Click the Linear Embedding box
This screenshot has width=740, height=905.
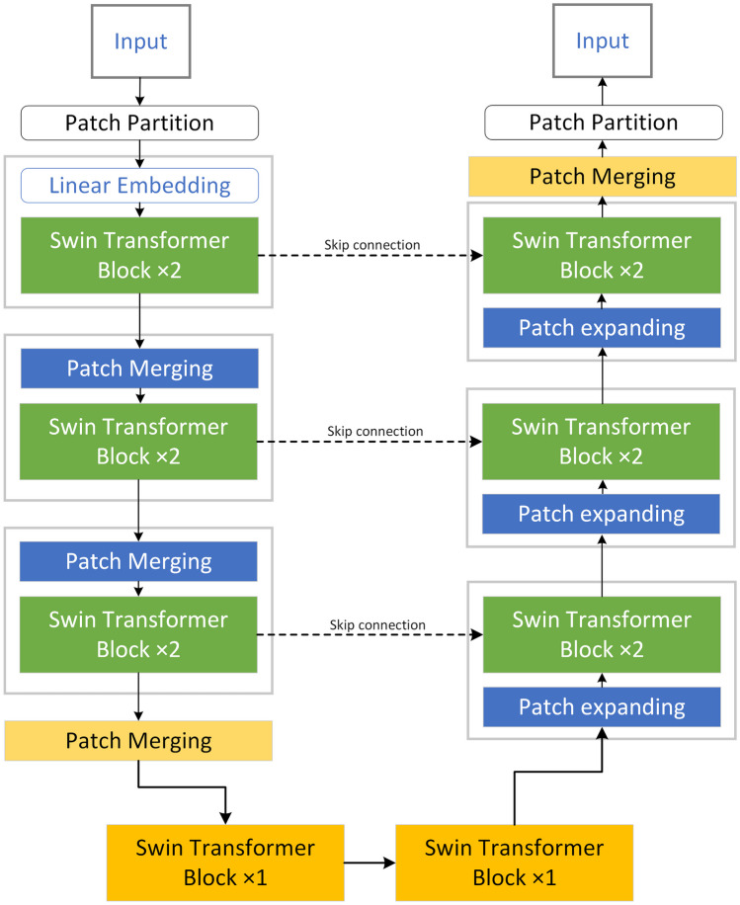(139, 186)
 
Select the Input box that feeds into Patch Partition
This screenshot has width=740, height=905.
(141, 41)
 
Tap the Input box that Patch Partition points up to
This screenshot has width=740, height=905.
(603, 41)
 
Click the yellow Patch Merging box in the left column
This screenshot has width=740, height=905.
(138, 741)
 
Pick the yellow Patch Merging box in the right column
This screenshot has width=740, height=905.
(603, 176)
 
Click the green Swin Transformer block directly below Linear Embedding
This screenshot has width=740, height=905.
(139, 255)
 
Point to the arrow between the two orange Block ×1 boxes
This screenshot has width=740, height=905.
(370, 863)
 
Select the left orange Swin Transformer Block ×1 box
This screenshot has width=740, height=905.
(225, 863)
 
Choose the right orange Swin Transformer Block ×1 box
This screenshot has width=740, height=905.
(515, 863)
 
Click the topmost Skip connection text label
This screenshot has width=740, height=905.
(372, 245)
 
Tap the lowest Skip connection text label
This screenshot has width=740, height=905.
(377, 624)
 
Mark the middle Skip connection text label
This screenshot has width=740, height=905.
(375, 431)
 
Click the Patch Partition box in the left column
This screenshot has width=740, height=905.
(139, 123)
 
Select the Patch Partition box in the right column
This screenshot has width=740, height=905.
(604, 123)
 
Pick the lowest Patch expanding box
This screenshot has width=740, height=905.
(602, 707)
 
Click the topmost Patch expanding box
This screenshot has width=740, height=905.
(602, 328)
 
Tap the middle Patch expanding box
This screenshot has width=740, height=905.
(602, 514)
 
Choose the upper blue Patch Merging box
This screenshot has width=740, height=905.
(139, 369)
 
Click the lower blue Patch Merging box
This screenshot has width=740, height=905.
(138, 561)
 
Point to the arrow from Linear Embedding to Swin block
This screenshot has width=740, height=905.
(139, 210)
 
